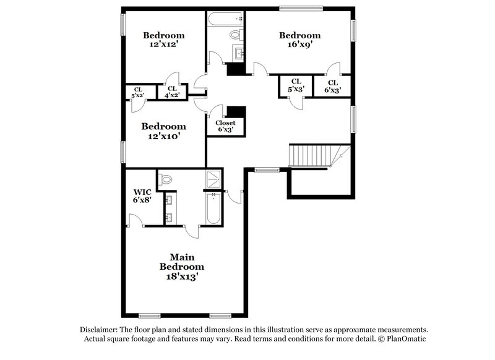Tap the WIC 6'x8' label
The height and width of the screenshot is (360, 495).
pyautogui.click(x=143, y=196)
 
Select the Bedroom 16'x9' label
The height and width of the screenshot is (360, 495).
pyautogui.click(x=299, y=40)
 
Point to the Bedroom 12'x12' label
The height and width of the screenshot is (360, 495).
pyautogui.click(x=164, y=40)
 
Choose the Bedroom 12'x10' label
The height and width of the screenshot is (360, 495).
pyautogui.click(x=163, y=131)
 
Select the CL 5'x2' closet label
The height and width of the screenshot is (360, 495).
pyautogui.click(x=137, y=92)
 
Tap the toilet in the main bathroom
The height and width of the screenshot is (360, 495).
pyautogui.click(x=165, y=179)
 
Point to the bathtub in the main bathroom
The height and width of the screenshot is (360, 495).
pyautogui.click(x=213, y=208)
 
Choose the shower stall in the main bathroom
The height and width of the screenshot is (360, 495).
pyautogui.click(x=213, y=179)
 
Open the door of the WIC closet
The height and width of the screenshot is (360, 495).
pyautogui.click(x=135, y=220)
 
